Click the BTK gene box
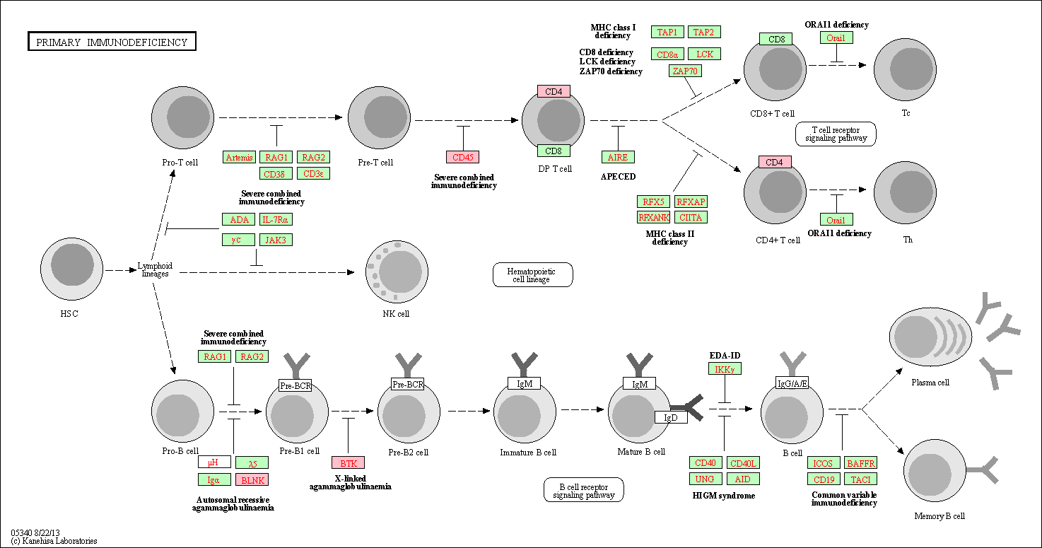348,463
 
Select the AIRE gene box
618,157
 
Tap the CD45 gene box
462,157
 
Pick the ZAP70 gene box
685,71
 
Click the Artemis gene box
239,157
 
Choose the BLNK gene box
252,479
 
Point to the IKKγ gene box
725,369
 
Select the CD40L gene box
743,463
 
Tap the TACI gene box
860,479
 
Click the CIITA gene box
691,217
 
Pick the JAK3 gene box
276,240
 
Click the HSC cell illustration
71,269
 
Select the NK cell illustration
397,272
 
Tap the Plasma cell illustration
930,336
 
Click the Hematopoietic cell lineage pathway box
532,275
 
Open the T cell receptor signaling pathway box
836,134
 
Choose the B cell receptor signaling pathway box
584,490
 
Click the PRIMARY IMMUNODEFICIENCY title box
112,42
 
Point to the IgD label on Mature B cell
671,417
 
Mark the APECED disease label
618,177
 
